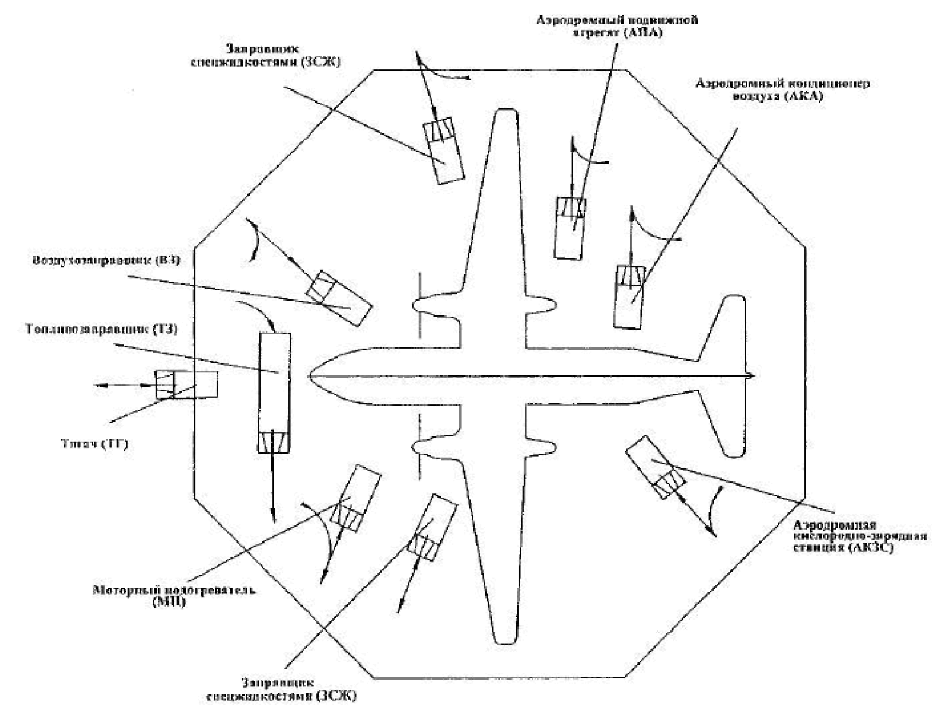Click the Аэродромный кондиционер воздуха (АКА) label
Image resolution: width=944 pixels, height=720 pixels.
click(x=782, y=90)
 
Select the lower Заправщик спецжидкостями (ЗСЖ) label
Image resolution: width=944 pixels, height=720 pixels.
click(x=281, y=689)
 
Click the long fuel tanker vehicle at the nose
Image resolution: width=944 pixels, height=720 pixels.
click(x=275, y=392)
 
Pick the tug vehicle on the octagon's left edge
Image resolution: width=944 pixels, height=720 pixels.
click(x=186, y=384)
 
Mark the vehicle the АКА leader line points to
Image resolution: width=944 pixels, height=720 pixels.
click(x=629, y=296)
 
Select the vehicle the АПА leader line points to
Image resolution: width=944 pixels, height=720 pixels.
click(x=570, y=227)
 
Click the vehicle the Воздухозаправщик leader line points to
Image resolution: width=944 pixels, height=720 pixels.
click(x=339, y=298)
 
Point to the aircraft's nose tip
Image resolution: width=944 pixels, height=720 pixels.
click(x=311, y=376)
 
